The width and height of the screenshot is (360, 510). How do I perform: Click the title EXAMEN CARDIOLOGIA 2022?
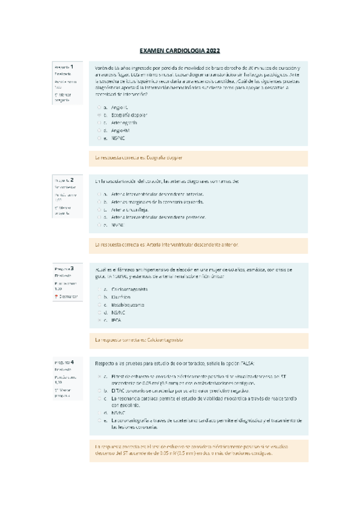(180, 51)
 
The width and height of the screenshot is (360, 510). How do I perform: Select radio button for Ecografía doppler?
(99, 114)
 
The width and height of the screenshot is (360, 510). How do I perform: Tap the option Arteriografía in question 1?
(124, 122)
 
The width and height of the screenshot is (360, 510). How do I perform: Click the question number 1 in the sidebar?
(72, 67)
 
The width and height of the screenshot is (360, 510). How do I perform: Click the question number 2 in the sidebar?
(72, 179)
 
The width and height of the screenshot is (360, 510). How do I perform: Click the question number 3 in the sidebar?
(72, 268)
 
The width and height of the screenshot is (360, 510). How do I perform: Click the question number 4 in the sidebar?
(72, 362)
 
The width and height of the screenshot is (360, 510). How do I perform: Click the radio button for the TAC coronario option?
(99, 390)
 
